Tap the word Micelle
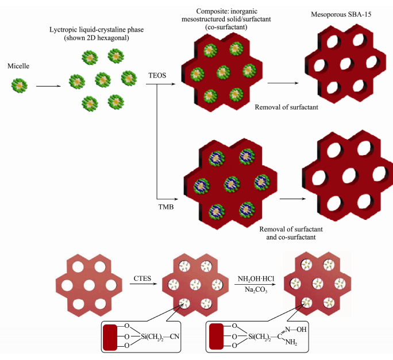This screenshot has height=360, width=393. (x=20, y=65)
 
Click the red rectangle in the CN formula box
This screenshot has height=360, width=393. (x=110, y=335)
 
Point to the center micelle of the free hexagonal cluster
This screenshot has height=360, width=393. (x=102, y=80)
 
